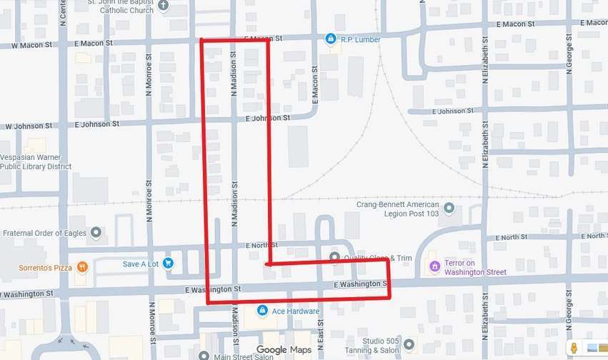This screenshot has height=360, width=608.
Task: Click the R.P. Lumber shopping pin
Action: click(x=330, y=39)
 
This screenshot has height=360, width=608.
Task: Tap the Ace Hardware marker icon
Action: click(x=262, y=311)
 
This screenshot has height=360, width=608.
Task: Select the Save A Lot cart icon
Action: click(x=168, y=263)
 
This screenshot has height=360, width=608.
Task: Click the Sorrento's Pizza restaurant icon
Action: click(x=82, y=267)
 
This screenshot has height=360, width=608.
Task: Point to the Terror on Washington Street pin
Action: click(x=433, y=266)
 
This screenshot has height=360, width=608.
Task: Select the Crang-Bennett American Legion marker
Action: click(x=449, y=208)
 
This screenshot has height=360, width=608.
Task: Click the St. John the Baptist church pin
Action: click(x=163, y=6)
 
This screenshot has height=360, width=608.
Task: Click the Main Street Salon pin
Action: click(x=204, y=355)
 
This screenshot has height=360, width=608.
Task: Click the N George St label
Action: click(x=569, y=54)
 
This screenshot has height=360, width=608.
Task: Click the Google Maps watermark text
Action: click(x=284, y=349)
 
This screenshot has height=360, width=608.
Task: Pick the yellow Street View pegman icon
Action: click(x=572, y=348)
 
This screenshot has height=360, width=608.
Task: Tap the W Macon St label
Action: click(x=29, y=45)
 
